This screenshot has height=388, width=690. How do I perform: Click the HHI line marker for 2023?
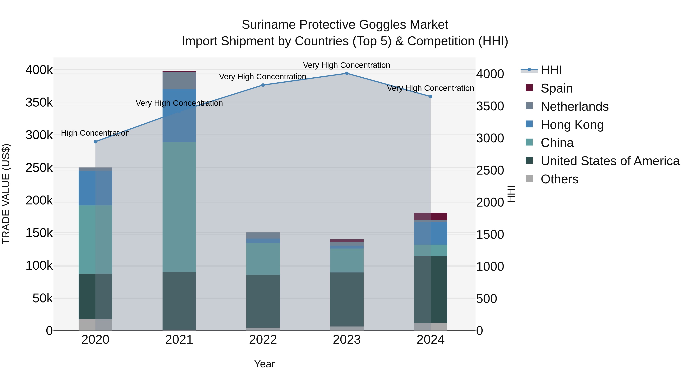[x=347, y=73]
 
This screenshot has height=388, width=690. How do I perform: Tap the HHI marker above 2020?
[x=95, y=142]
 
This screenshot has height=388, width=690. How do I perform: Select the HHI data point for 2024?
[x=431, y=97]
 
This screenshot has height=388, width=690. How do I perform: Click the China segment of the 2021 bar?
[x=179, y=207]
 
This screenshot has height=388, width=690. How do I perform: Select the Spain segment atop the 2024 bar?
[x=431, y=216]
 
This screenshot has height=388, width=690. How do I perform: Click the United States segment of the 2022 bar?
[x=263, y=301]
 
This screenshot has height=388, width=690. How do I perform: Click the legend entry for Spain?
[x=556, y=88]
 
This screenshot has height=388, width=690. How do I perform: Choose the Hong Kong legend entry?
[x=572, y=125]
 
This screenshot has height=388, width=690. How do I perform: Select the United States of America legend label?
[x=610, y=161]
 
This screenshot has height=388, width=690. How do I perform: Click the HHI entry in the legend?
[x=551, y=70]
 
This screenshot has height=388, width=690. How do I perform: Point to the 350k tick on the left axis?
[x=39, y=103]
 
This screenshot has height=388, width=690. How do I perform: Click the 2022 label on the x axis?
[x=263, y=340]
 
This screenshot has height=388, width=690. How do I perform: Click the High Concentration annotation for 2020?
[x=95, y=133]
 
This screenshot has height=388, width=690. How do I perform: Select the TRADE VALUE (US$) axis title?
[x=6, y=194]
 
